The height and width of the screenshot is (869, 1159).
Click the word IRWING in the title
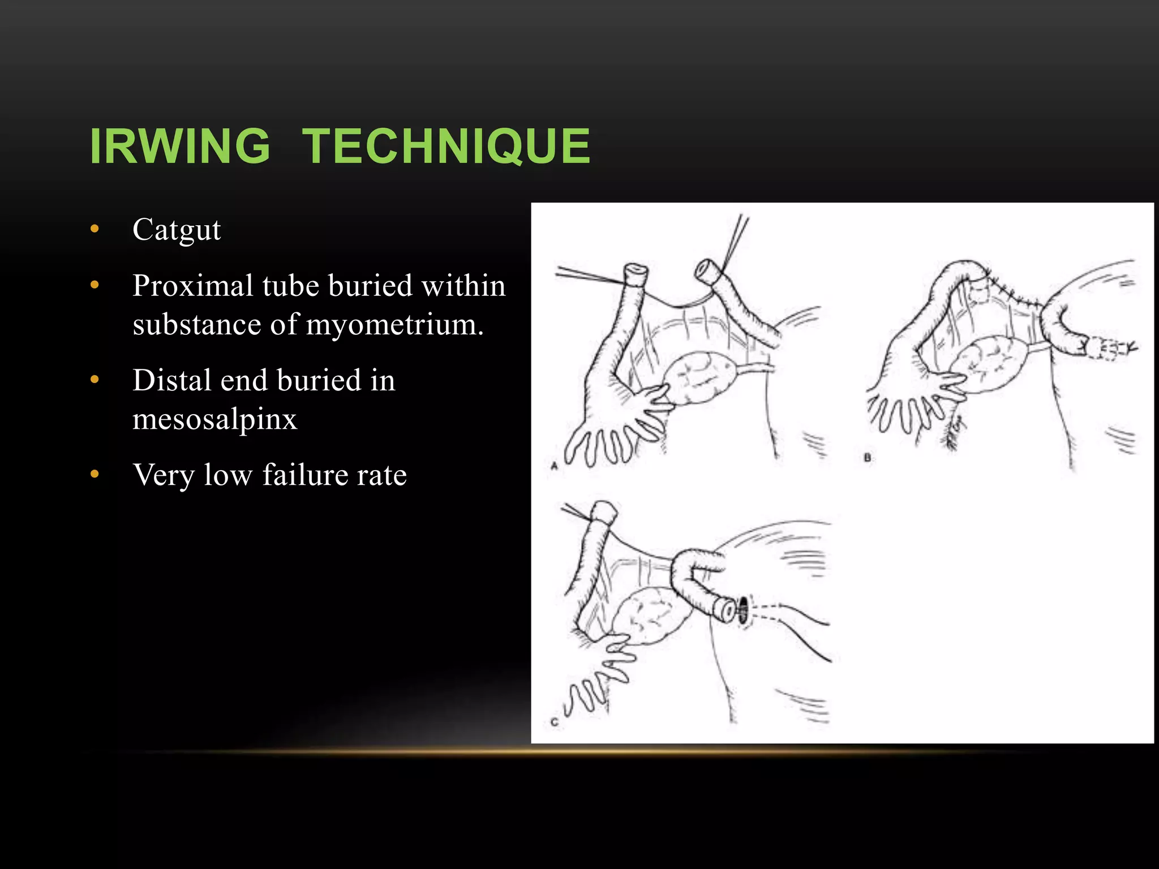tap(180, 146)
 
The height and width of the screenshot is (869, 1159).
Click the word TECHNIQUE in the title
tap(446, 146)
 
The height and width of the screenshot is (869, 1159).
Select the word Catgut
tap(177, 230)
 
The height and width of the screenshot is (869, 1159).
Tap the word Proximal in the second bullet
tap(192, 286)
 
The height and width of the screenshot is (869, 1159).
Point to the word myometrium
tap(394, 325)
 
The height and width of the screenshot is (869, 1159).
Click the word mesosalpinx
tap(215, 419)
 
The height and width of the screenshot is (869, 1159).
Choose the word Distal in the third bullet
tap(170, 380)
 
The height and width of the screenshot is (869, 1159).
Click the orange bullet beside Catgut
tap(95, 229)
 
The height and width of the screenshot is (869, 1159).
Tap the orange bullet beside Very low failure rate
tap(95, 474)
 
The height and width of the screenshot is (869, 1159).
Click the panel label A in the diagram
tap(555, 466)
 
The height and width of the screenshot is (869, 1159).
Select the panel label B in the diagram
tap(867, 458)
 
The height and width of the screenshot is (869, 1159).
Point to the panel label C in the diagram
tap(555, 722)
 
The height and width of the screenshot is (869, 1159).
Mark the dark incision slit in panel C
tap(743, 610)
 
